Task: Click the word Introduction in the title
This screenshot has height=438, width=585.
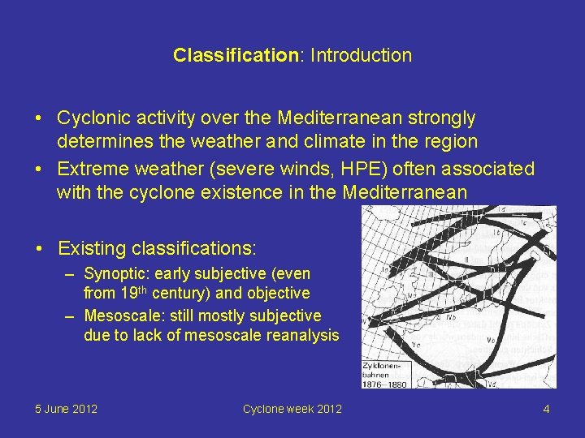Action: (x=361, y=56)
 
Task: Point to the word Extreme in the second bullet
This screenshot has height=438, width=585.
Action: (x=89, y=170)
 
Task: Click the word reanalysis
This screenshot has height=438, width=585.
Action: (x=302, y=335)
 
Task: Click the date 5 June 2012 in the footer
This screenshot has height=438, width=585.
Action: (x=67, y=409)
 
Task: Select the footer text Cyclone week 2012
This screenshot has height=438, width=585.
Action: (x=292, y=409)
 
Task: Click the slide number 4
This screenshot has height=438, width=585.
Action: (x=546, y=409)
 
